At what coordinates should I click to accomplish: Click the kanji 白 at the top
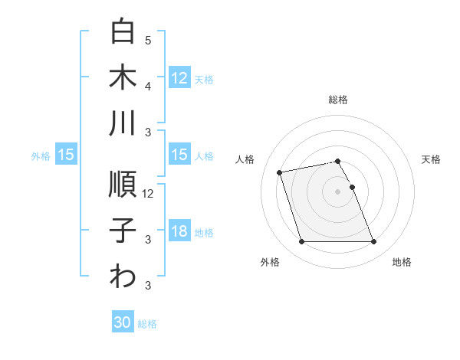[x=123, y=32]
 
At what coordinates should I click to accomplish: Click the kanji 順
[x=123, y=185]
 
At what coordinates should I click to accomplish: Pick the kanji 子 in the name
[x=123, y=231]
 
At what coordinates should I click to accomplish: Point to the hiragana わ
[x=123, y=277]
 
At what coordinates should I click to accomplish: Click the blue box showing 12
[x=179, y=77]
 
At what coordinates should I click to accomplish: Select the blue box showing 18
[x=179, y=232]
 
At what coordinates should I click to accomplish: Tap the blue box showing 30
[x=123, y=322]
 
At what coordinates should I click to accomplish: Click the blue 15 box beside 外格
[x=66, y=155]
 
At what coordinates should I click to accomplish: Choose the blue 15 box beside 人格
[x=179, y=155]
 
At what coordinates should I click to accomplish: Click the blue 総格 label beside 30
[x=147, y=324]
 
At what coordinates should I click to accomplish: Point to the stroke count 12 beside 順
[x=148, y=194]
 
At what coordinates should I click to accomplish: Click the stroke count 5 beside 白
[x=148, y=41]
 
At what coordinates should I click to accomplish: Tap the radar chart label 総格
[x=337, y=100]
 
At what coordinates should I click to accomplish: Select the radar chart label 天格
[x=431, y=159]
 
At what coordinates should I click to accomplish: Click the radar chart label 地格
[x=402, y=262]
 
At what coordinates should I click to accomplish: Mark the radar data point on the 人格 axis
[x=280, y=172]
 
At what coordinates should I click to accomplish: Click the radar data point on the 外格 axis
[x=301, y=242]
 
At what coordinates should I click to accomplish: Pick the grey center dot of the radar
[x=337, y=191]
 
